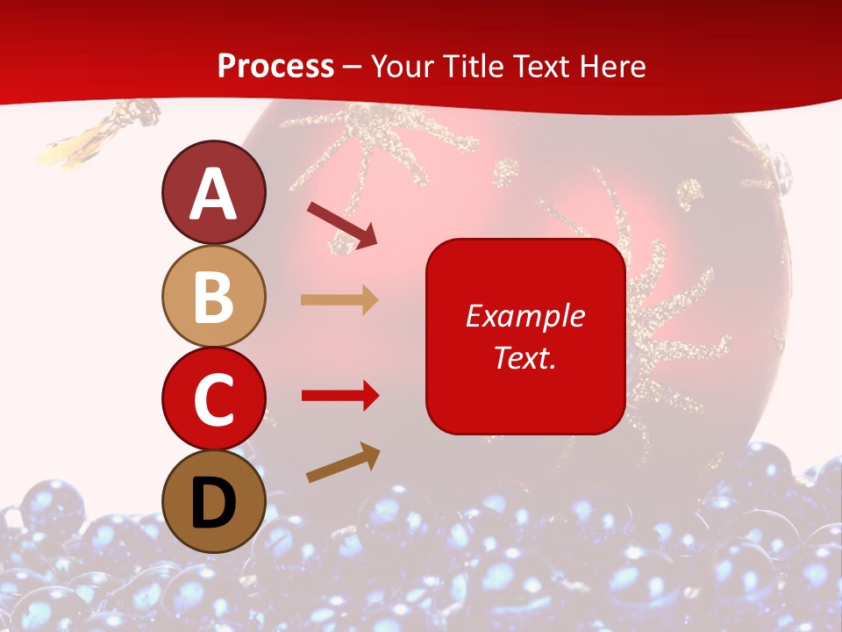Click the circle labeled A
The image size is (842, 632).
[x=214, y=192]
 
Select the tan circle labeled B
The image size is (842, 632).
[x=214, y=296]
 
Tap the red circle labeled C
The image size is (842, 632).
[x=214, y=399]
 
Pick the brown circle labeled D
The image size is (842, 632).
[x=214, y=501]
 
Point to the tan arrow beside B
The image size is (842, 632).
[x=339, y=300]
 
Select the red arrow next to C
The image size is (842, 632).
[x=340, y=396]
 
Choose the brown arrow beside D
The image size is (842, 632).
[x=343, y=463]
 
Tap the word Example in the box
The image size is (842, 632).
[x=525, y=316]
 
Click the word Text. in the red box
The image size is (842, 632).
[x=524, y=357]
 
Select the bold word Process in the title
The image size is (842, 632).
[x=275, y=66]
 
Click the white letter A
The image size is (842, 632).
[x=214, y=194]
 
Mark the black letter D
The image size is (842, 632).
[x=214, y=503]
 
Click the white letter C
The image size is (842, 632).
[x=214, y=399]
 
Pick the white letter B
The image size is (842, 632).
[x=214, y=297]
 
